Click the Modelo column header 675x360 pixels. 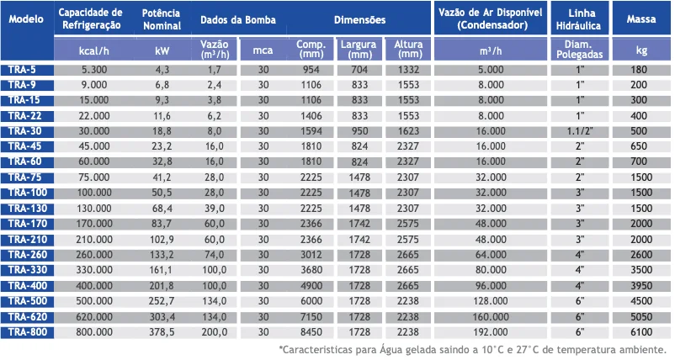pyautogui.click(x=26, y=19)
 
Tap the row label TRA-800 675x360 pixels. pyautogui.click(x=26, y=332)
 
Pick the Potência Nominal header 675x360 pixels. pyautogui.click(x=162, y=19)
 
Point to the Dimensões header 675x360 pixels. pyautogui.click(x=359, y=19)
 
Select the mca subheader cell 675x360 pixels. pyautogui.click(x=263, y=50)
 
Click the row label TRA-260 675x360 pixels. pyautogui.click(x=26, y=254)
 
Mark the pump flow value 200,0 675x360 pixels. pyautogui.click(x=214, y=332)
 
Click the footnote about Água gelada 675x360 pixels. pyautogui.click(x=473, y=349)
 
